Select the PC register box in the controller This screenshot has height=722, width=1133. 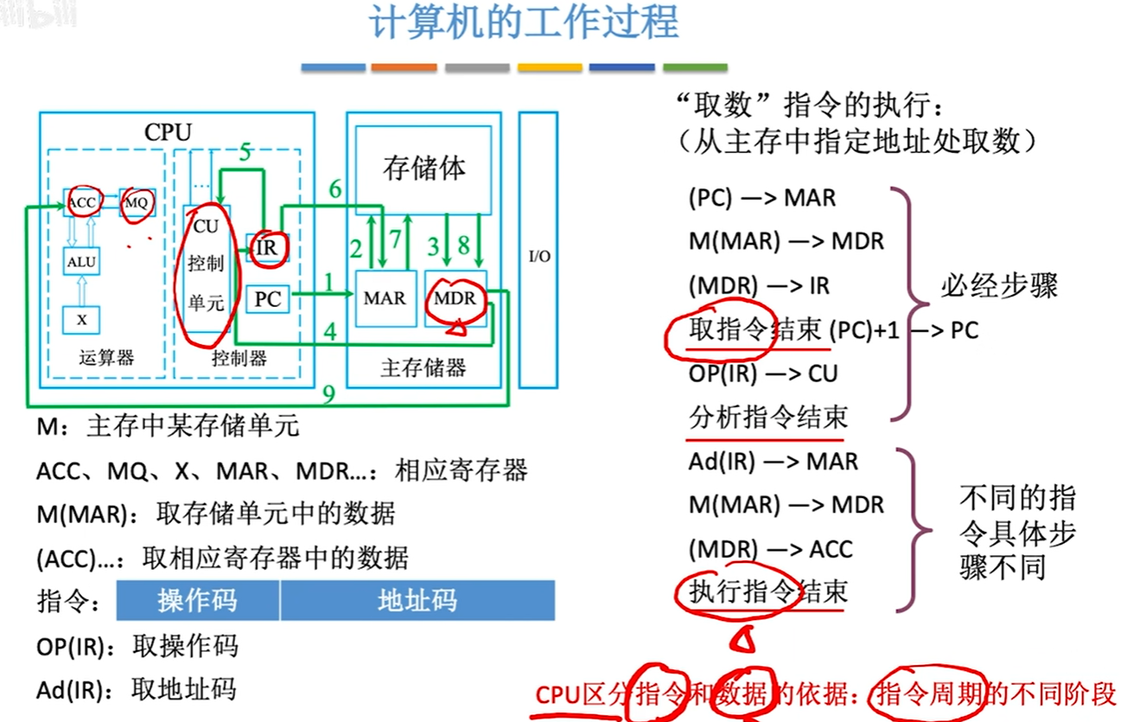[x=268, y=299]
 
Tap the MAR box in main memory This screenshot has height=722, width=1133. [x=385, y=298]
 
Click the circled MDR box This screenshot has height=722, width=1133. [x=455, y=299]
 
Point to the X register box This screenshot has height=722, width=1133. [x=82, y=319]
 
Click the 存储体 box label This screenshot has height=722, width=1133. [x=423, y=168]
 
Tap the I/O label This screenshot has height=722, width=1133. [x=539, y=257]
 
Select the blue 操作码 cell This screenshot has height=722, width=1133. [x=197, y=600]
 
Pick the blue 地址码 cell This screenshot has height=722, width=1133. [x=417, y=600]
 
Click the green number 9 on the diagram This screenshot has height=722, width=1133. [x=329, y=394]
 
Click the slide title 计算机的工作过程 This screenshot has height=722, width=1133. [x=524, y=24]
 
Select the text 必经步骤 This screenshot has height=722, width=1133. [x=1000, y=286]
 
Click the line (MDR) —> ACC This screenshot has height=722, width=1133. [x=770, y=549]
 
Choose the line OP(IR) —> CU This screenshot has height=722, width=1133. [x=763, y=374]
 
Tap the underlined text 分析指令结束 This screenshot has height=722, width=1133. [x=768, y=419]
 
